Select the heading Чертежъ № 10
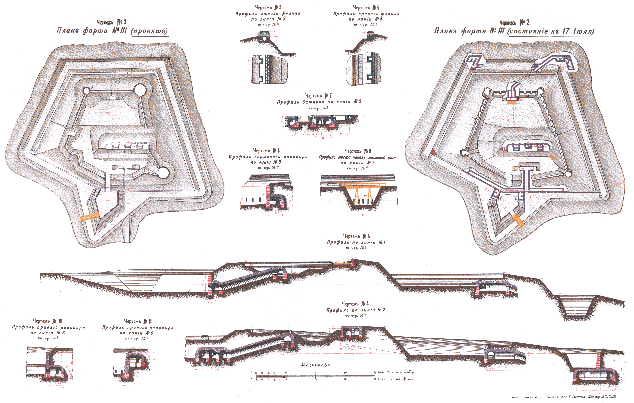[x=47, y=321]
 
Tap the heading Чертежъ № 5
[x=268, y=7]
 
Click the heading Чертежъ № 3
[x=356, y=236]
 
